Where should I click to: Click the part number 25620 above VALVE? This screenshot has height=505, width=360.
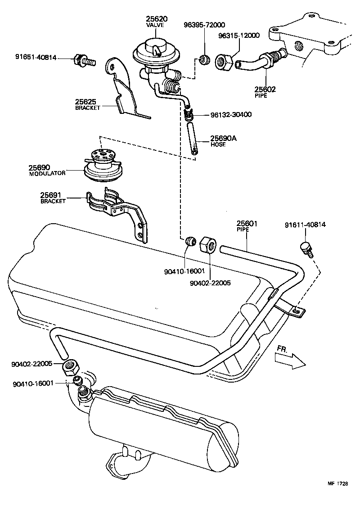156,18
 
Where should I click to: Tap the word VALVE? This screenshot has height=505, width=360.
156,25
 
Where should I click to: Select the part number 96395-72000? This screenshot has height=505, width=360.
204,25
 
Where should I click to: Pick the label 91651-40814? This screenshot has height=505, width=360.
36,57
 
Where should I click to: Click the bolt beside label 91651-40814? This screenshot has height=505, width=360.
84,59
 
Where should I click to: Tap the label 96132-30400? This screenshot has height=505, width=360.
231,115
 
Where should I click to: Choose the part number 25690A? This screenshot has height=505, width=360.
224,138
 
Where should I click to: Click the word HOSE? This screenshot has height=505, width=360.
218,144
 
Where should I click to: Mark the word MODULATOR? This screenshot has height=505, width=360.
47,173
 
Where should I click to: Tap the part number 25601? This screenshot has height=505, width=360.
247,223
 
